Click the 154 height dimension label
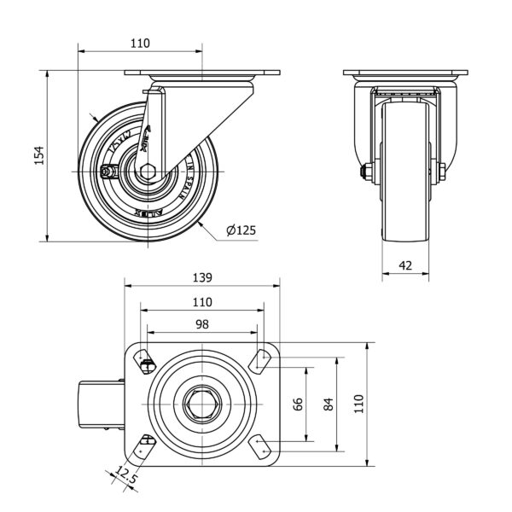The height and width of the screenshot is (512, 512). (x=38, y=156)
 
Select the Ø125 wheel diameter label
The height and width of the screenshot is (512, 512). (x=241, y=230)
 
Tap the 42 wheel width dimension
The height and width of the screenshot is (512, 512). (x=405, y=266)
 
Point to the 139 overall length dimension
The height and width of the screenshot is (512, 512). (x=201, y=277)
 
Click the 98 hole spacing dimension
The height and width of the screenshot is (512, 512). (x=201, y=324)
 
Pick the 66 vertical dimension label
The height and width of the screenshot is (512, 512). (x=298, y=404)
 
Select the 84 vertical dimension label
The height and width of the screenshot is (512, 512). (x=329, y=404)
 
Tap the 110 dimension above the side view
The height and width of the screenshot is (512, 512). (x=140, y=43)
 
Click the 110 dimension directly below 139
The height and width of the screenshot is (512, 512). (x=201, y=301)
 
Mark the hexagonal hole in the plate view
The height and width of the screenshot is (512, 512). (x=201, y=404)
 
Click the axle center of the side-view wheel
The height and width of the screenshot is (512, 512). (x=147, y=171)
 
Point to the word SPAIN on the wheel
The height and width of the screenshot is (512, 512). (x=183, y=180)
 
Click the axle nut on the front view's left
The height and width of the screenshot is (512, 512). (x=365, y=172)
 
